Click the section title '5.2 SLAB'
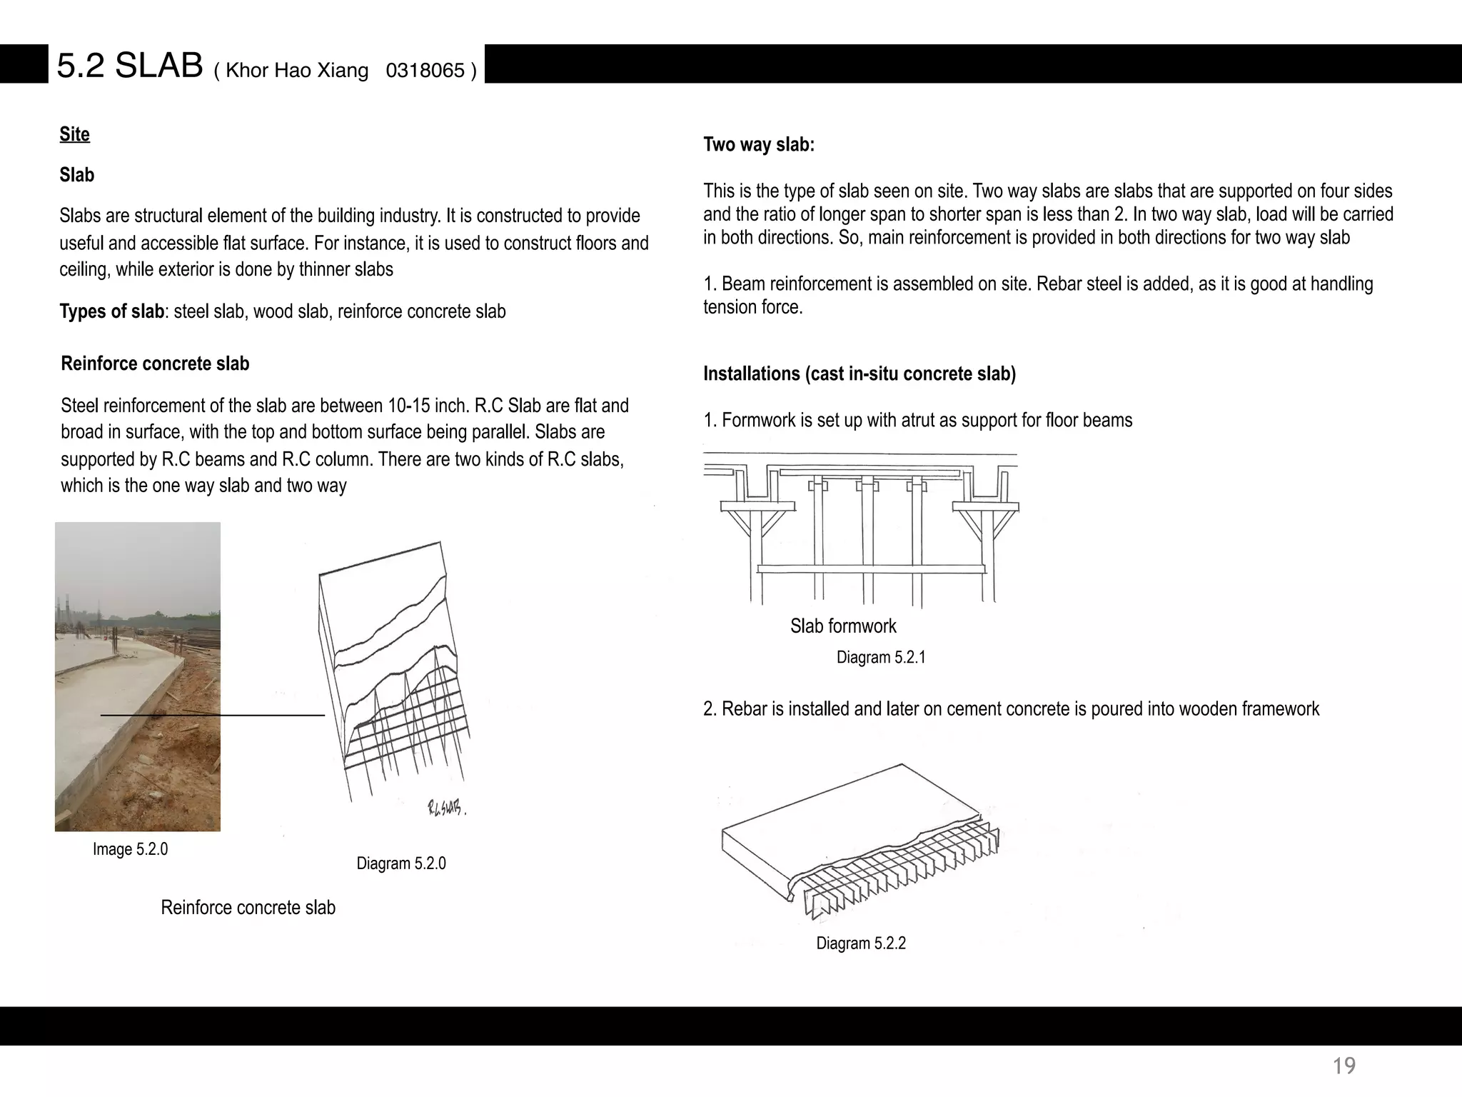[130, 66]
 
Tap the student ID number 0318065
[425, 71]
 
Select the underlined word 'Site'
[75, 134]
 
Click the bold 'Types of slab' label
[112, 311]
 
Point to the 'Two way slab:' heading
[759, 144]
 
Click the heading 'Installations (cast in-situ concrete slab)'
[859, 374]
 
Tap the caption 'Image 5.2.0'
[130, 849]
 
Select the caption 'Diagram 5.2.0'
[401, 863]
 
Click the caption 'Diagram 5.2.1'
[881, 657]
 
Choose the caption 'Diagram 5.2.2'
[861, 943]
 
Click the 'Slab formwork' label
[843, 626]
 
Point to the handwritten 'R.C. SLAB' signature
[446, 808]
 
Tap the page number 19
[1344, 1066]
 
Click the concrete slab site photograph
[138, 676]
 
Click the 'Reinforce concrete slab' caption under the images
[248, 908]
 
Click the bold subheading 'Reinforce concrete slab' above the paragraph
[155, 364]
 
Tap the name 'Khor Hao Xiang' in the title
[297, 71]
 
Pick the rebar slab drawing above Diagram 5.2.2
[860, 843]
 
